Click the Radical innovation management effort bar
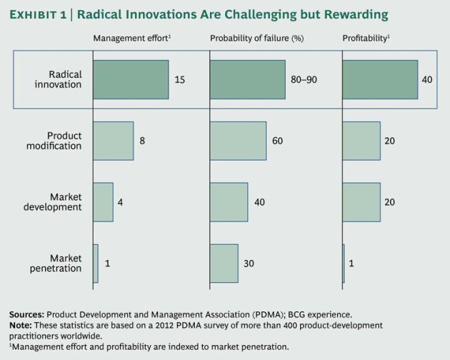click(131, 79)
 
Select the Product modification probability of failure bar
click(238, 140)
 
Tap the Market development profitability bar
click(361, 202)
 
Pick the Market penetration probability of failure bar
click(224, 264)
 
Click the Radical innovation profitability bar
click(380, 79)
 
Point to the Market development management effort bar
click(103, 202)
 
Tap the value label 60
click(277, 141)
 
